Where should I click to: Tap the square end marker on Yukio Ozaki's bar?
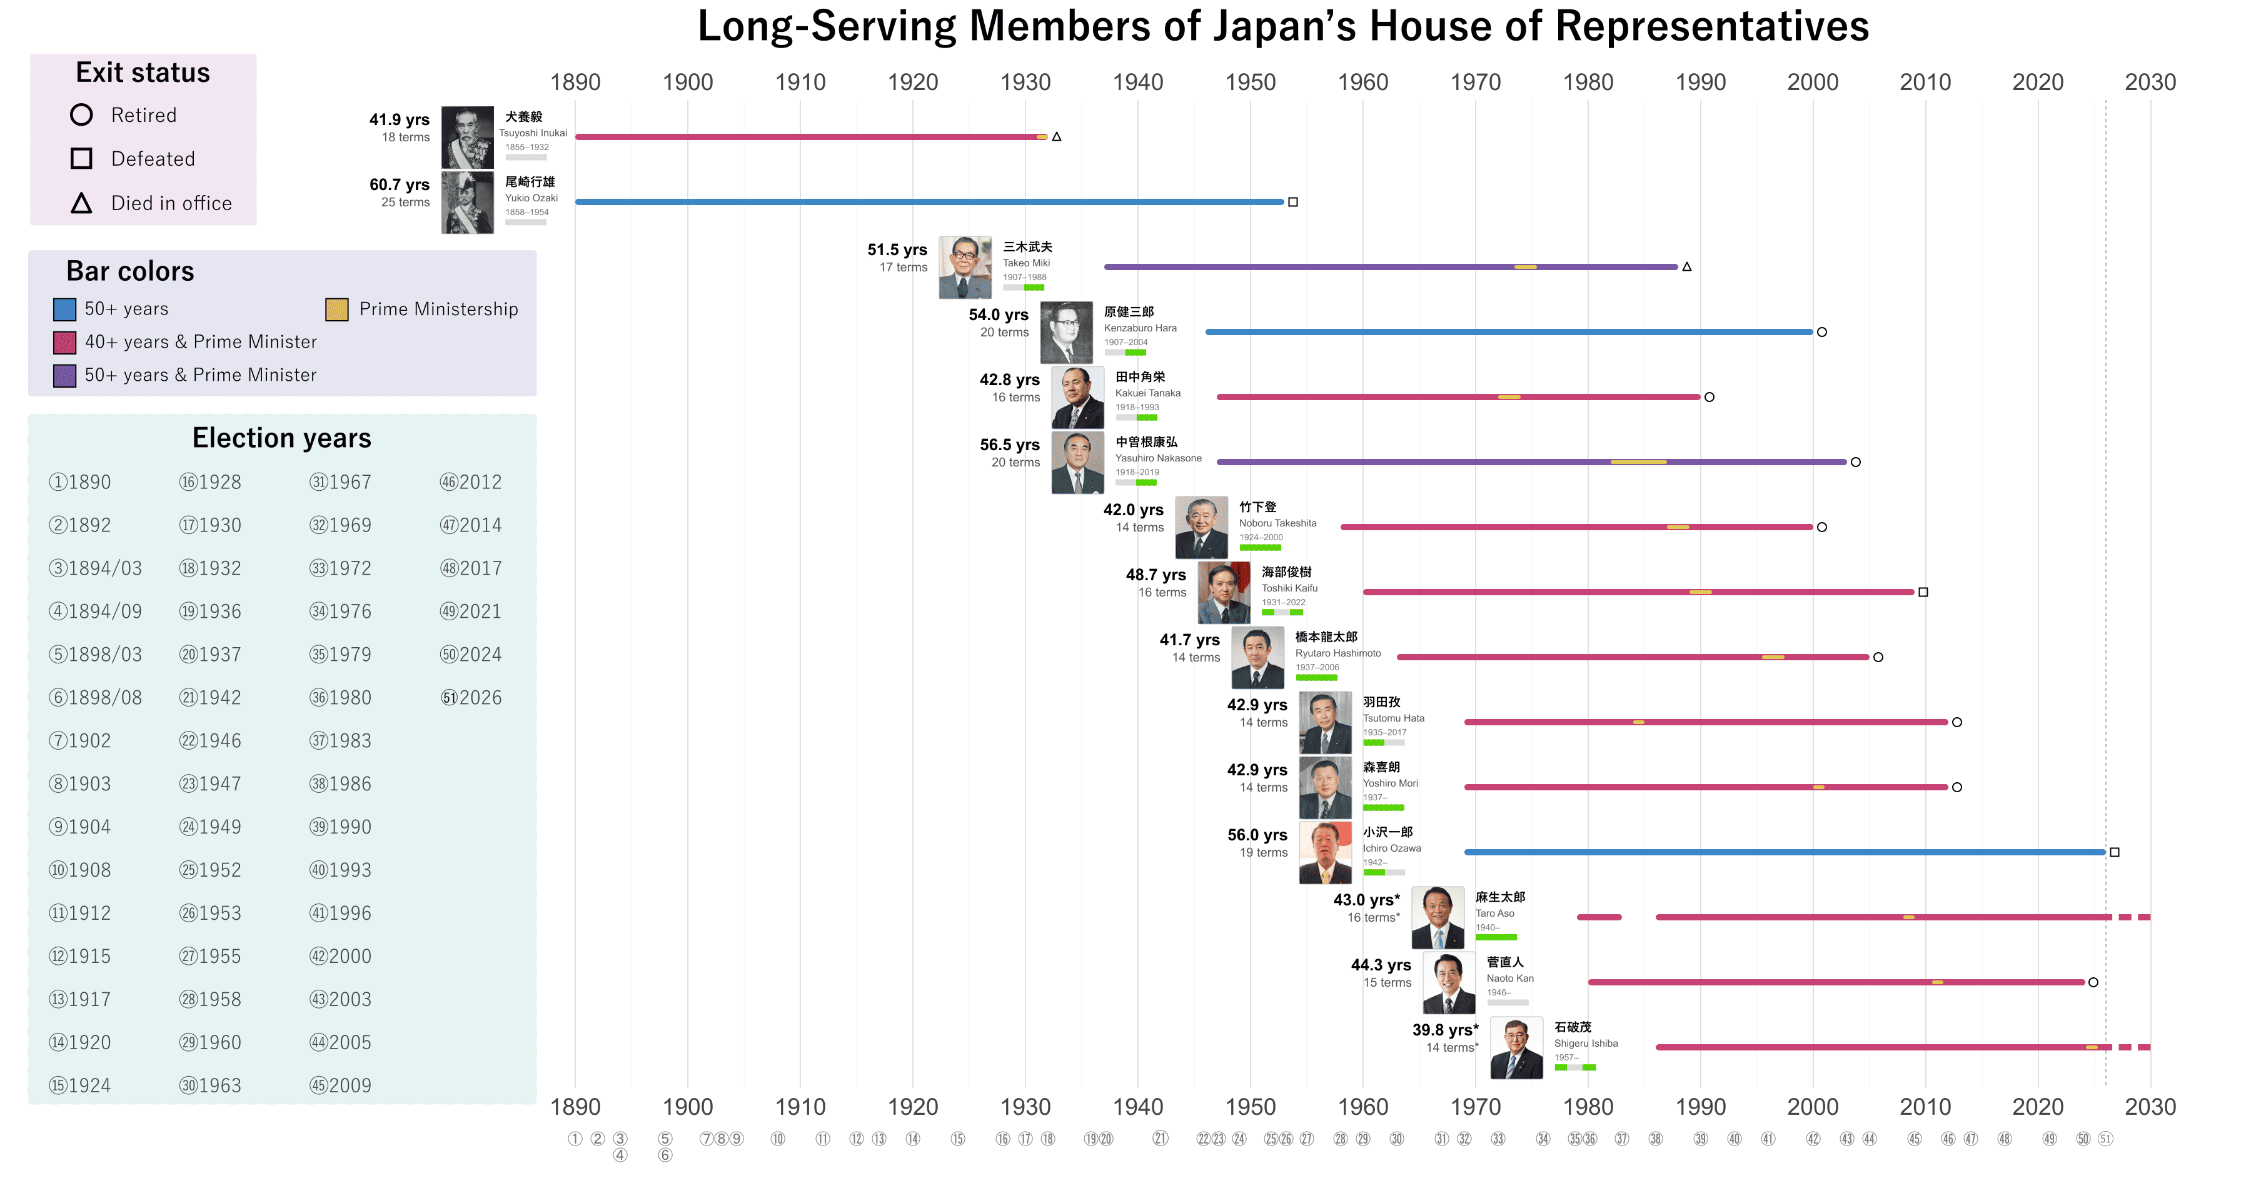1292,202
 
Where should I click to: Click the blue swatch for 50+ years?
64,310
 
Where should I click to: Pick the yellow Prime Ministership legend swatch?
336,310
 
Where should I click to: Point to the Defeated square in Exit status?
81,158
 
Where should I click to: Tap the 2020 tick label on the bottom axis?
2037,1107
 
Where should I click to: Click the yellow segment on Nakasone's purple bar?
1638,462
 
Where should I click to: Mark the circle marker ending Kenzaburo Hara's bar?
1822,332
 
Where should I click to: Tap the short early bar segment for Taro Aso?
1598,917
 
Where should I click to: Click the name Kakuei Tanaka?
1147,393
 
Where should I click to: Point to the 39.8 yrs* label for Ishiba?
1445,1030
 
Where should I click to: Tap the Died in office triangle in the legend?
81,204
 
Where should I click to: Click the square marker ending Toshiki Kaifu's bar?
1923,592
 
